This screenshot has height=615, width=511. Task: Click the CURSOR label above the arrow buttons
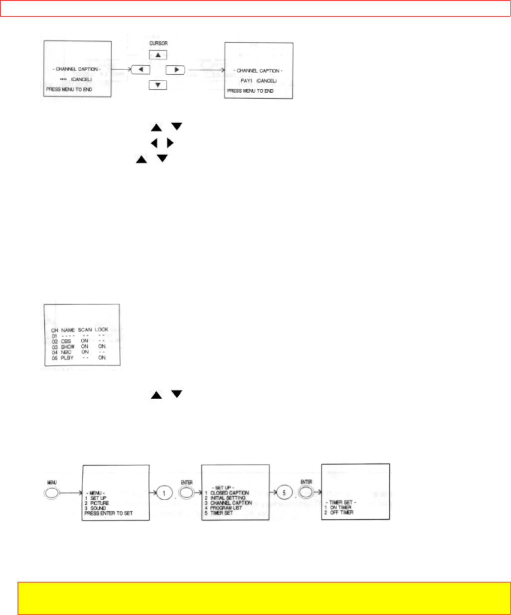tap(158, 43)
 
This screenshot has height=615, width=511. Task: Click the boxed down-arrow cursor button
tap(158, 85)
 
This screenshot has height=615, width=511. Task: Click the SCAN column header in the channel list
tap(85, 330)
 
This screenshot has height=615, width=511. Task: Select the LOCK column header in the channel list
tap(102, 330)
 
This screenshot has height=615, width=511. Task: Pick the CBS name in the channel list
tap(66, 341)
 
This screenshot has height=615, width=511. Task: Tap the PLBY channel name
tap(67, 358)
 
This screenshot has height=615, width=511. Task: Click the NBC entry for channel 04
tap(66, 352)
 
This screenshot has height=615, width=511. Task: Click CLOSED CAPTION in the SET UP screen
tap(229, 493)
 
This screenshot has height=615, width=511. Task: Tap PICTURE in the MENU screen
tap(99, 503)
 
